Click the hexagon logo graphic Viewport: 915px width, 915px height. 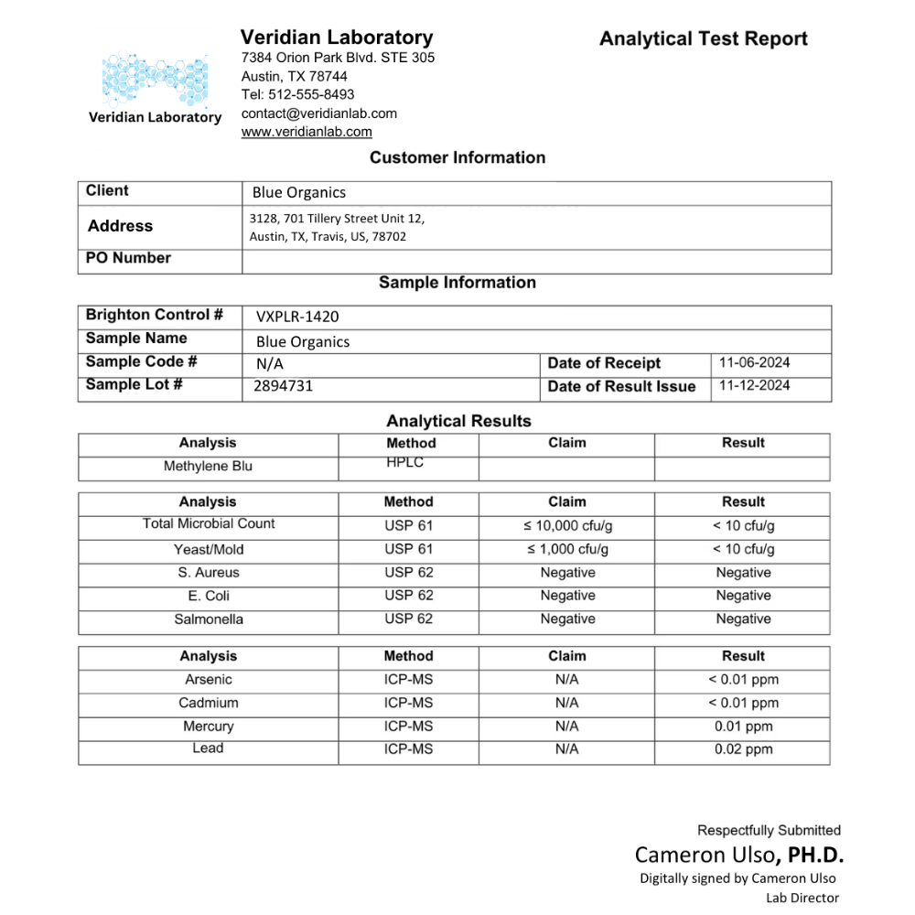click(155, 78)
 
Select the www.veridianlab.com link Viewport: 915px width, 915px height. click(307, 132)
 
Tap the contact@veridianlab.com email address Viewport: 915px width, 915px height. click(319, 113)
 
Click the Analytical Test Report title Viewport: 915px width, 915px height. click(703, 39)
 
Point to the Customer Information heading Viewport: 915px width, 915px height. click(457, 157)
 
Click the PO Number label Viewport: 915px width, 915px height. click(128, 258)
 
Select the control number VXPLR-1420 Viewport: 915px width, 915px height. click(297, 317)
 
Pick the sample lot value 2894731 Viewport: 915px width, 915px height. click(284, 386)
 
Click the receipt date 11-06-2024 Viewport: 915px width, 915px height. click(754, 362)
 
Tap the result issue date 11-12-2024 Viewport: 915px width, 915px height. click(754, 385)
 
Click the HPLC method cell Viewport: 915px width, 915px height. click(405, 463)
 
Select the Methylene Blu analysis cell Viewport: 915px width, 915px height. click(208, 467)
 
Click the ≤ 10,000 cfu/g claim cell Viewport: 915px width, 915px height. click(567, 526)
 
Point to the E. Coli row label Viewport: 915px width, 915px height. click(208, 596)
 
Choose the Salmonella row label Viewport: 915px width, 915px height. click(209, 619)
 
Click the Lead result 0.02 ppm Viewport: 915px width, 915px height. click(743, 749)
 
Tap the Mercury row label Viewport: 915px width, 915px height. click(208, 727)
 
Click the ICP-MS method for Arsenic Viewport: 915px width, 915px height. click(408, 680)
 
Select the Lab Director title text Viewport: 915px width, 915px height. click(802, 898)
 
